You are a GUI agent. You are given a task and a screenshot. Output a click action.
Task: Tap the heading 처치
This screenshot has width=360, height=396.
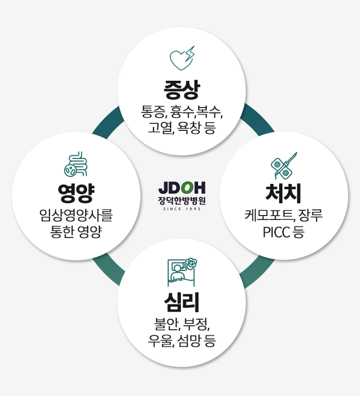click(284, 193)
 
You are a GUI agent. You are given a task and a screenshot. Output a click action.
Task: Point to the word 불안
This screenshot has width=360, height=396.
click(165, 323)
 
